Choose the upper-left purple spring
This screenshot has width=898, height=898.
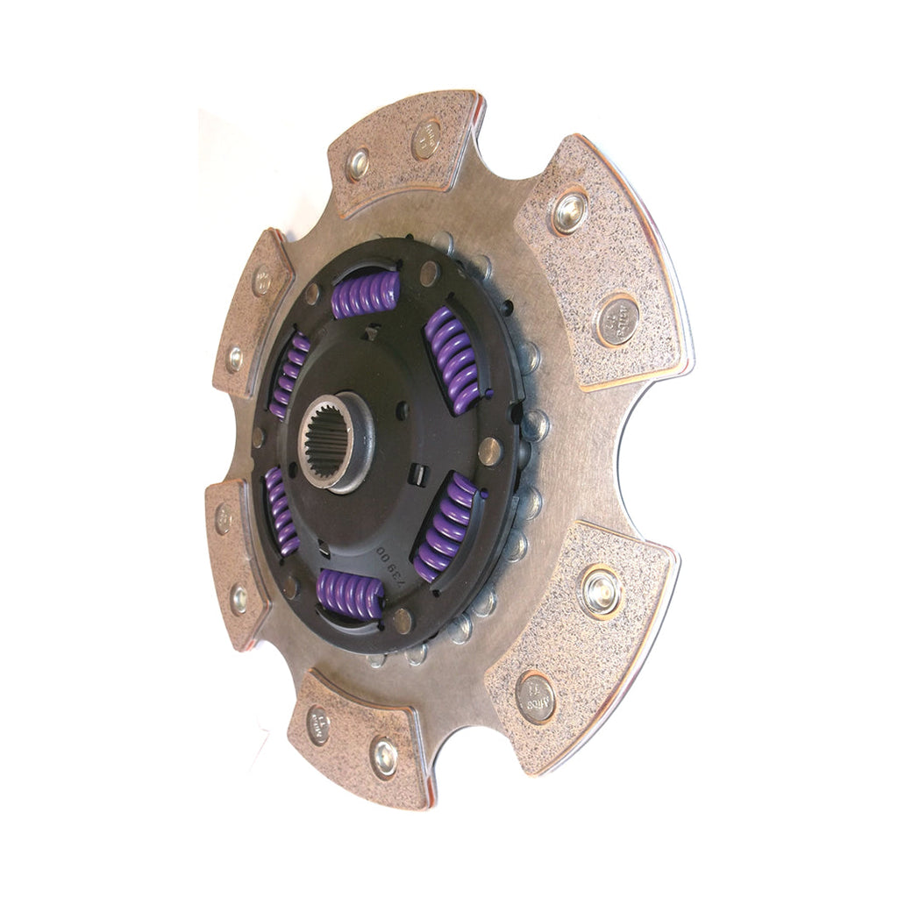289,374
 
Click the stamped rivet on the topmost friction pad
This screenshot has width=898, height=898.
427,139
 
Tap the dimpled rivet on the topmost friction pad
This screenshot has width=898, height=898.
358,164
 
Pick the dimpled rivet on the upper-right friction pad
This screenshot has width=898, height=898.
570,210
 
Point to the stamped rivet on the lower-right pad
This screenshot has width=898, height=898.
537,697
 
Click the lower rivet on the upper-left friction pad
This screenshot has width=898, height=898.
234,358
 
